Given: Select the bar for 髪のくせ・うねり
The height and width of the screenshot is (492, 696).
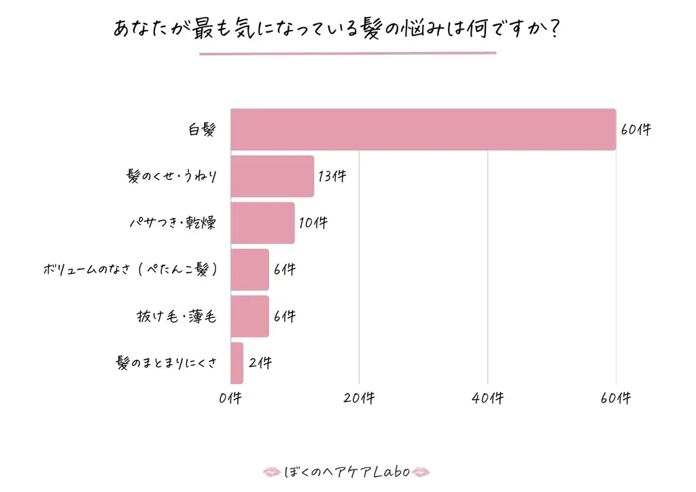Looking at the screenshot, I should point(272,176).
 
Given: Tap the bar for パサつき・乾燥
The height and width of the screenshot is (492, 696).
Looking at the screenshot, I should point(262,223).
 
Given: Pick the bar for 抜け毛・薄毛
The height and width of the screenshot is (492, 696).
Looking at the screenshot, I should point(249,316).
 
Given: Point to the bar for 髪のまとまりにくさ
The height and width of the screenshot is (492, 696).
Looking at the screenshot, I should point(237,363).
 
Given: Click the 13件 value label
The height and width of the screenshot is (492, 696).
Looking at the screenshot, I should point(332,176).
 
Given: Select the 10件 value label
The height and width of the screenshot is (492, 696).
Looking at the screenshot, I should point(313,223).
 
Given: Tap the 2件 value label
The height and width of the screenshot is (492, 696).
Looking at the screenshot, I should point(260,363).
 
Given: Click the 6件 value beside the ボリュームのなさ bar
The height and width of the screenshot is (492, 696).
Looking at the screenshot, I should point(285,270).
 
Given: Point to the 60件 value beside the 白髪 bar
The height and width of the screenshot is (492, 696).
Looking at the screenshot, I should point(636,129).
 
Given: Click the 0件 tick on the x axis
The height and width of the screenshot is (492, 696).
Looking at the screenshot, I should point(230,399).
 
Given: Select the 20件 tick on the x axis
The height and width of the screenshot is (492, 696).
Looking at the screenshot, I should point(359,399).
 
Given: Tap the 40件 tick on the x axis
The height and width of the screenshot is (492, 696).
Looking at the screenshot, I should point(487,399).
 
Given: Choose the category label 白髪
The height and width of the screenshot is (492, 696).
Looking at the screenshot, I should point(202,130).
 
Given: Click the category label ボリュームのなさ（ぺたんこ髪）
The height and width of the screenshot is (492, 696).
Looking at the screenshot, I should point(130,270).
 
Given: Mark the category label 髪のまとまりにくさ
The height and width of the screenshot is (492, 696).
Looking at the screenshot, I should point(167,363).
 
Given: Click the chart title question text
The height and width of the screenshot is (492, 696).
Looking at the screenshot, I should point(337,30).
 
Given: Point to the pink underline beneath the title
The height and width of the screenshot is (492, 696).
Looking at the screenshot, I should point(347,53).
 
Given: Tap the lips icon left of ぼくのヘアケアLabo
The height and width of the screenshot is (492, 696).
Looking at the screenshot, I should point(271,472).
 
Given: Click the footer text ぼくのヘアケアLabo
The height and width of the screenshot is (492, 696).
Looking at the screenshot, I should point(347,472).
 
